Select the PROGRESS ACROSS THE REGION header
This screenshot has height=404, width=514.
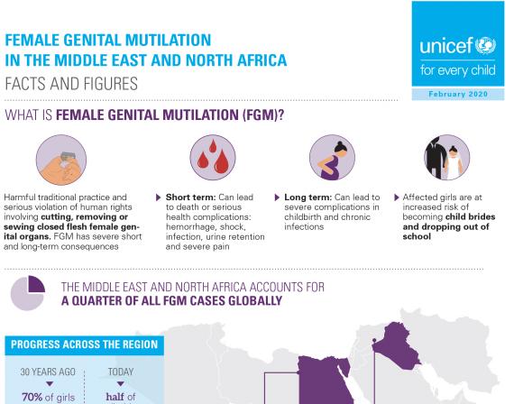tap(84, 344)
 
